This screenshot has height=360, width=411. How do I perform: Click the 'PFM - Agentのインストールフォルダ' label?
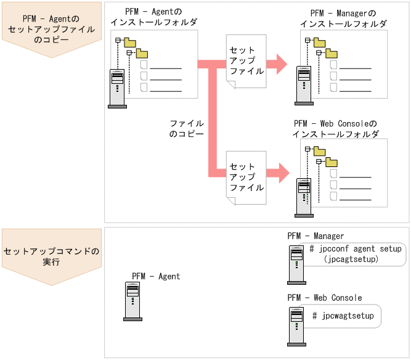pyautogui.click(x=153, y=17)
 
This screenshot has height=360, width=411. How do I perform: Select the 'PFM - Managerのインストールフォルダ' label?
pyautogui.click(x=343, y=18)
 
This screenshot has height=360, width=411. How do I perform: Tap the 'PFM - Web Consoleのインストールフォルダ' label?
pyautogui.click(x=335, y=129)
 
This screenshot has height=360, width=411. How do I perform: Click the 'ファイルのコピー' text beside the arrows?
pyautogui.click(x=186, y=128)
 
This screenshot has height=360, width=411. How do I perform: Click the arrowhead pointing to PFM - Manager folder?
pyautogui.click(x=280, y=63)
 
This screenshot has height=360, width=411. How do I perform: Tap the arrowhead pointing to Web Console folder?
pyautogui.click(x=280, y=173)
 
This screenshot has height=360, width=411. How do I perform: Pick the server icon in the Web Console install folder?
pyautogui.click(x=303, y=197)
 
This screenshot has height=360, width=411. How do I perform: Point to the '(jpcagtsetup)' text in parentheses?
pyautogui.click(x=350, y=260)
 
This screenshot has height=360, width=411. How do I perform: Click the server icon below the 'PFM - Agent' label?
pyautogui.click(x=132, y=301)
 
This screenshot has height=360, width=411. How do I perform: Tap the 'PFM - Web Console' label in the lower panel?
pyautogui.click(x=325, y=298)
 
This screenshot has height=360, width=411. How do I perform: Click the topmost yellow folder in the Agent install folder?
pyautogui.click(x=129, y=42)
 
